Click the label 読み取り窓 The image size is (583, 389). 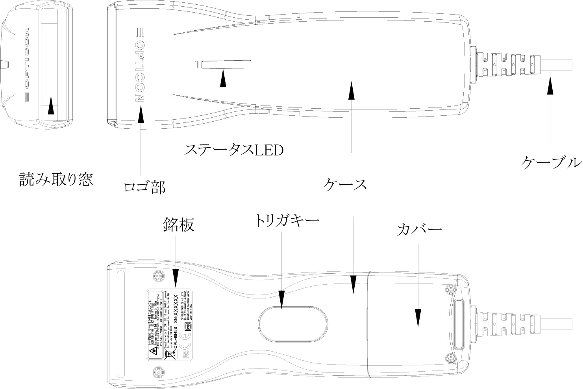point(56,180)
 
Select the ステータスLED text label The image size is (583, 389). point(234,150)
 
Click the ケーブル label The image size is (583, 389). point(551,162)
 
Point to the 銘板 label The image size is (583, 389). point(178,225)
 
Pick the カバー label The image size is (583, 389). point(419,229)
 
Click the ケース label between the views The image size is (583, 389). point(346,184)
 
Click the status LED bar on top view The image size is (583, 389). point(226,64)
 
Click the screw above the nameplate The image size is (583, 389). point(159,276)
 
